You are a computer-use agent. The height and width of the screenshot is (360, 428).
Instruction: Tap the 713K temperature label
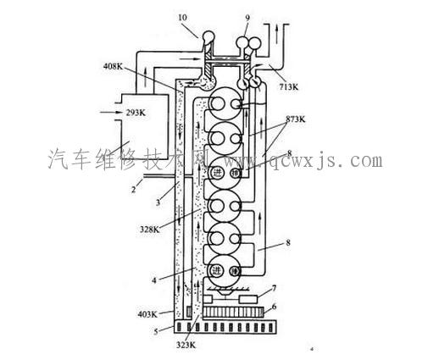[x=284, y=86]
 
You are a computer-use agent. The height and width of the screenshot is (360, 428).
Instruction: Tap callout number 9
[x=247, y=18]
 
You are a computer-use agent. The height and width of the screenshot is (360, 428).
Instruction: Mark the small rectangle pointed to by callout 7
[x=250, y=301]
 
